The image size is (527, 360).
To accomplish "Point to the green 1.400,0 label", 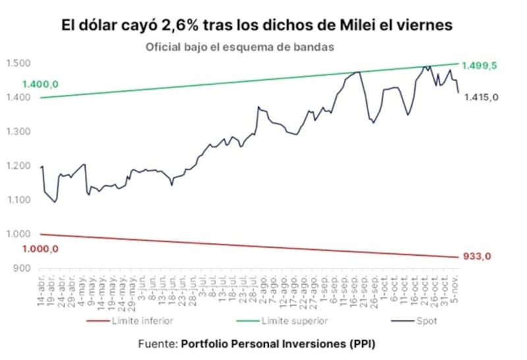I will (41, 85).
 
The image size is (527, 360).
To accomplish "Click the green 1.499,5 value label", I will (479, 65).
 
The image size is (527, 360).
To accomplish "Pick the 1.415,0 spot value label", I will (481, 97).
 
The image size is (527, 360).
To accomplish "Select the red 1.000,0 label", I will (41, 249).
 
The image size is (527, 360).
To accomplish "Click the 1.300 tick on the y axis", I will (22, 132).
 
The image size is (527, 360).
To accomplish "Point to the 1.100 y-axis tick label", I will (22, 200).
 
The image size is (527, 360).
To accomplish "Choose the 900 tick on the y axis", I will (26, 268).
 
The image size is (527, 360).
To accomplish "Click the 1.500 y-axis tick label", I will (22, 63).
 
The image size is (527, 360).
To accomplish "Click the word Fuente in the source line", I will (157, 344).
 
